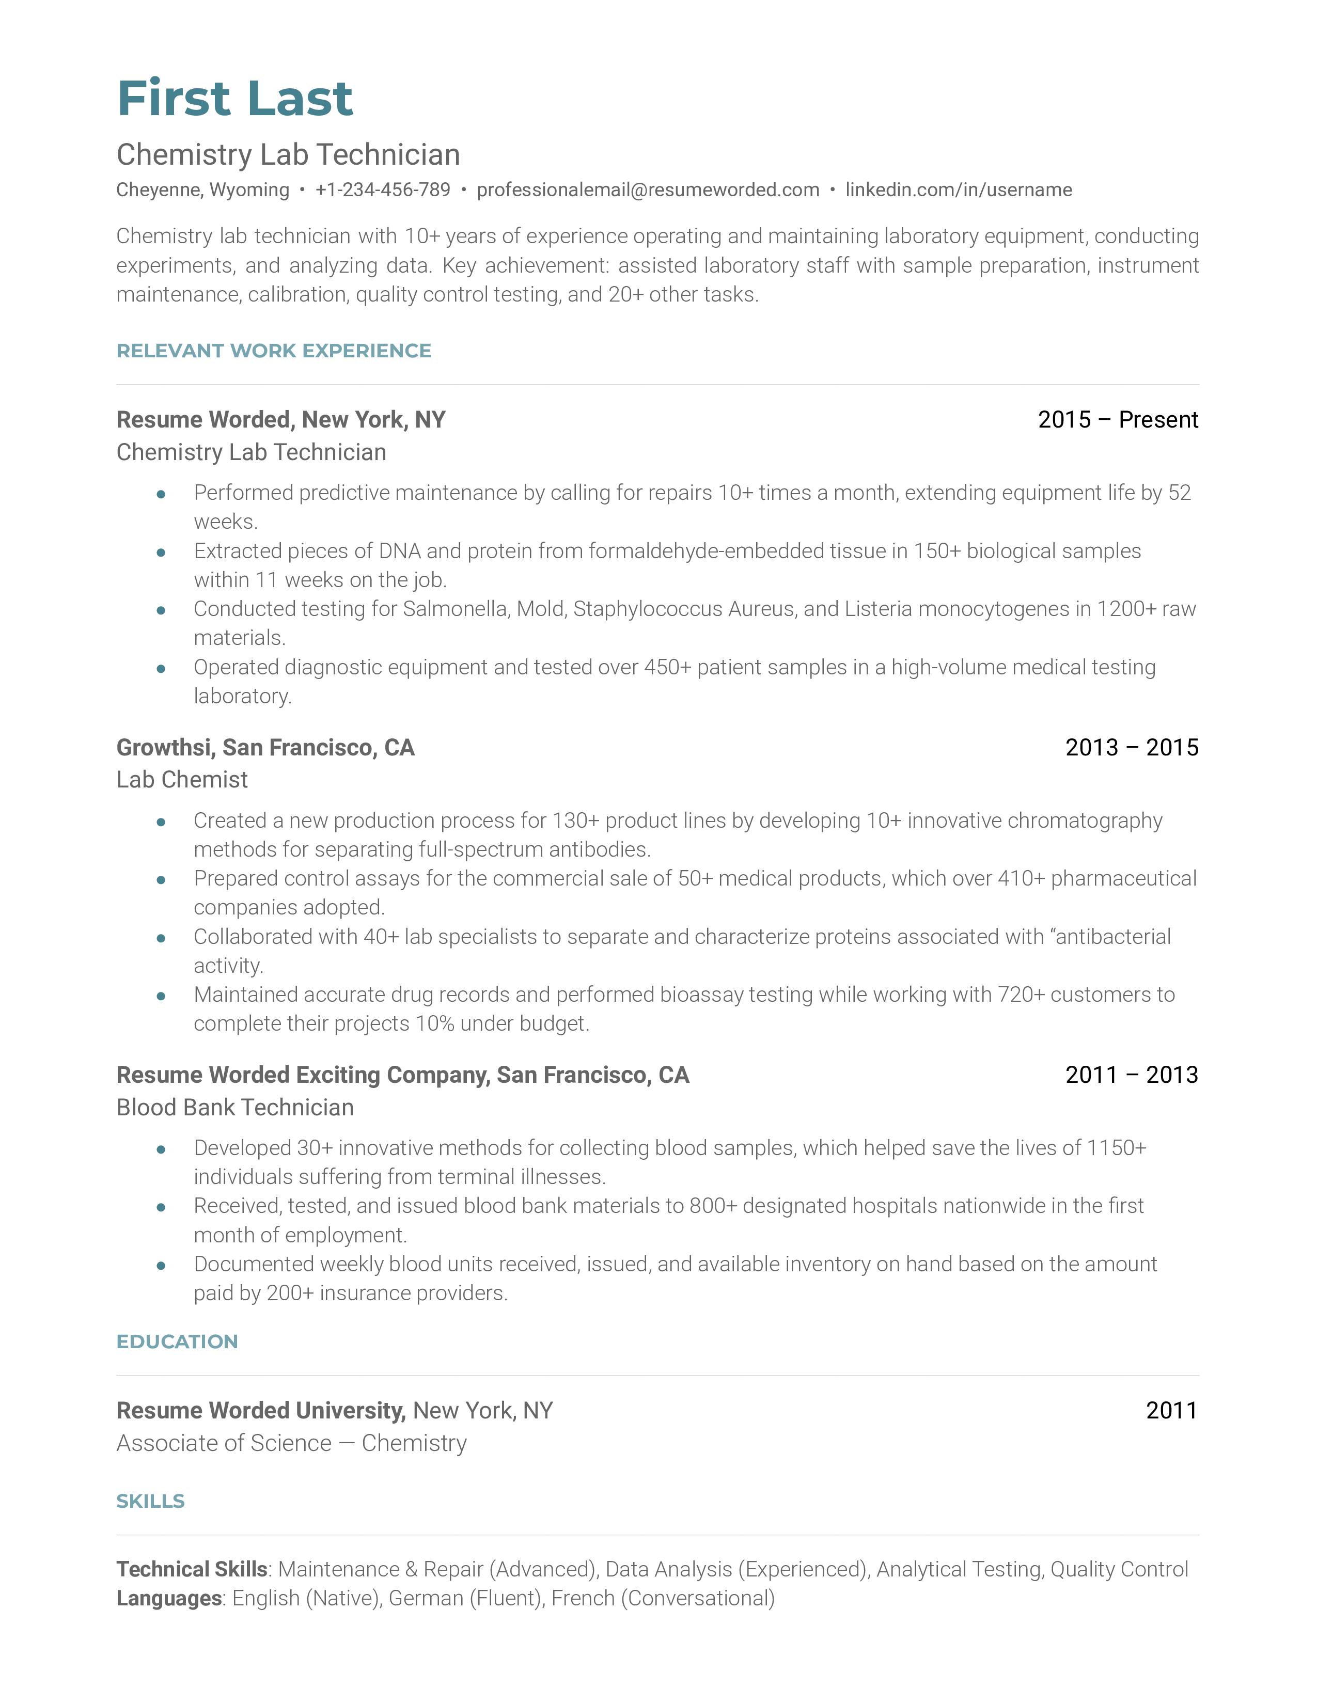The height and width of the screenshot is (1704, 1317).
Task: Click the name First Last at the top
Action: [235, 99]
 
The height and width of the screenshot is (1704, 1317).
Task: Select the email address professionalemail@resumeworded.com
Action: [648, 190]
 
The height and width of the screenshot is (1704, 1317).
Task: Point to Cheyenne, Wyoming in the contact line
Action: [203, 190]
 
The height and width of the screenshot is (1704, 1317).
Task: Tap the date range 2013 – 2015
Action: [1131, 748]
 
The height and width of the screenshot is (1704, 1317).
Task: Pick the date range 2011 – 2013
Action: [1131, 1075]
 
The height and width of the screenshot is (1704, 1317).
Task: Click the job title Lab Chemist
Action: [182, 779]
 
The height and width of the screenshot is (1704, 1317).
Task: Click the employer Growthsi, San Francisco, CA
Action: [265, 748]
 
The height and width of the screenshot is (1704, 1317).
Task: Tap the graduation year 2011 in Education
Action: [1171, 1411]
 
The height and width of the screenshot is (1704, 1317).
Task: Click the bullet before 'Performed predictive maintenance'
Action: [161, 494]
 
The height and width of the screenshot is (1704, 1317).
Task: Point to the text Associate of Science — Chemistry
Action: [291, 1443]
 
